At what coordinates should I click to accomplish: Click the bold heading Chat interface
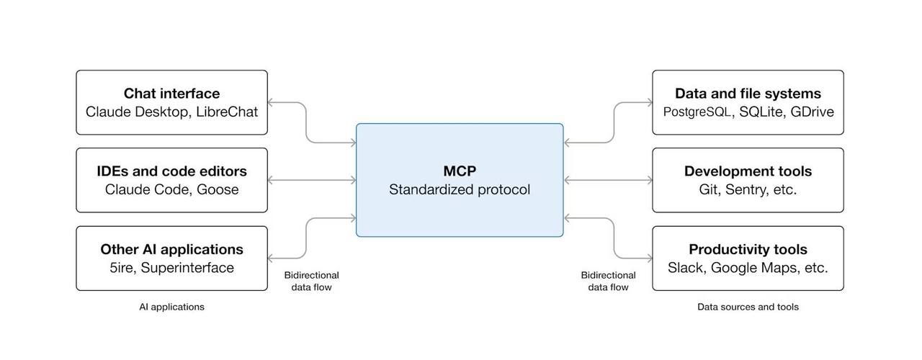tap(171, 94)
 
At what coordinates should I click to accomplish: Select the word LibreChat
tap(227, 112)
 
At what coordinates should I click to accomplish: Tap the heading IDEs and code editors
tap(171, 171)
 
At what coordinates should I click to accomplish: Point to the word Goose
tap(218, 190)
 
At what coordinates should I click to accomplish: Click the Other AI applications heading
tap(171, 250)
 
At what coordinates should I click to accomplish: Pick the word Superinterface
tap(187, 268)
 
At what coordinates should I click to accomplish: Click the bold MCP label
tap(460, 171)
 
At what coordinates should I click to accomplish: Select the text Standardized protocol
tap(460, 190)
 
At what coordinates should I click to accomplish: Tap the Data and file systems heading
tap(748, 94)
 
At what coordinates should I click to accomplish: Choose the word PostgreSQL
tap(697, 112)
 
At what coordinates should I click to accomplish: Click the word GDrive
tap(812, 112)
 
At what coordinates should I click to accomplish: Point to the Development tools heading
tap(748, 171)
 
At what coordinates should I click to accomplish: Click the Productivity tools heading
tap(748, 250)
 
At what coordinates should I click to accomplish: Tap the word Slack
tap(685, 268)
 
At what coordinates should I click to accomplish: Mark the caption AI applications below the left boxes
tap(171, 307)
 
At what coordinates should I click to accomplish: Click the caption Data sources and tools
tap(748, 307)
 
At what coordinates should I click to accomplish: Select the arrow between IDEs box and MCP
tap(312, 180)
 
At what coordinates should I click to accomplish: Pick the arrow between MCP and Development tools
tap(608, 180)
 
